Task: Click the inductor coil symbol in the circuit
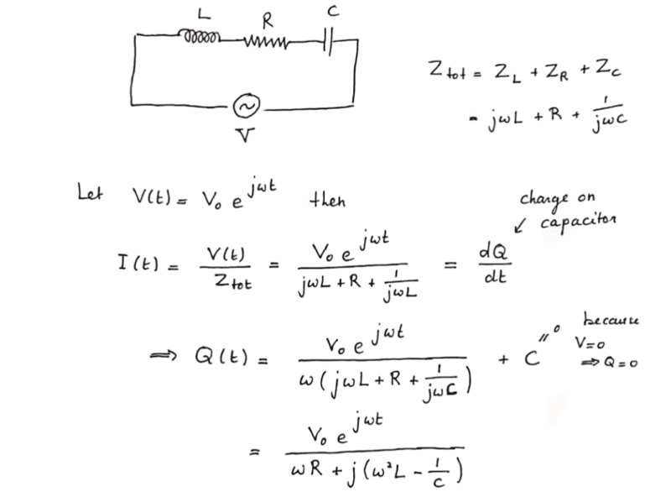point(200,36)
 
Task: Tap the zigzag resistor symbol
point(266,42)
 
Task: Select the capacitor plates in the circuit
point(328,42)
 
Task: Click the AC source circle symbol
point(247,107)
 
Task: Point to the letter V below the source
point(245,135)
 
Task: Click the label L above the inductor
point(204,14)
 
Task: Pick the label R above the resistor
point(268,20)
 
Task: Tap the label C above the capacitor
point(333,12)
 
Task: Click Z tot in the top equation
point(447,70)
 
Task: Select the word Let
point(90,192)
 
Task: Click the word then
point(327,200)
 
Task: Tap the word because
point(611,320)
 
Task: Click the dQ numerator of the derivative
point(493,252)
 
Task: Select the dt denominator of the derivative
point(495,276)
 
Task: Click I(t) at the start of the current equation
point(138,262)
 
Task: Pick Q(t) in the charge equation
point(221,356)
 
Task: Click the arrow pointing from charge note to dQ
point(520,225)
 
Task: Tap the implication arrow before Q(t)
point(163,356)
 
